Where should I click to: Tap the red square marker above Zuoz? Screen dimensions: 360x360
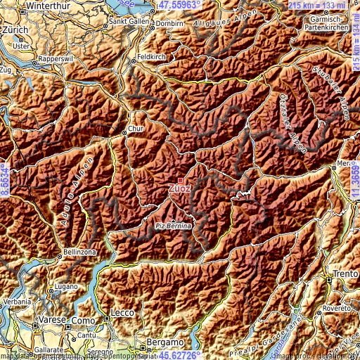point(180,180)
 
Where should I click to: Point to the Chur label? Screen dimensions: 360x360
point(136,129)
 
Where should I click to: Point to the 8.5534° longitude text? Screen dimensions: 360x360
point(5,180)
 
